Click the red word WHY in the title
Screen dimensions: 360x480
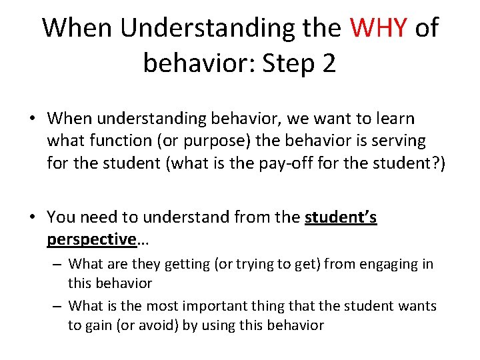tap(379, 28)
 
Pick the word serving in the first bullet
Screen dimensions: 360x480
tap(397, 141)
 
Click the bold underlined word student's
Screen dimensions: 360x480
tap(341, 217)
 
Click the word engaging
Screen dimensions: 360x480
tap(386, 264)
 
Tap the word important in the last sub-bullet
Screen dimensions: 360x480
tap(212, 306)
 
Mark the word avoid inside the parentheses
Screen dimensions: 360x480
tap(175, 326)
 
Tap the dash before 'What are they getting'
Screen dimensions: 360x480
tap(58, 264)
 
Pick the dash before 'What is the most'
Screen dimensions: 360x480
tap(58, 306)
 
